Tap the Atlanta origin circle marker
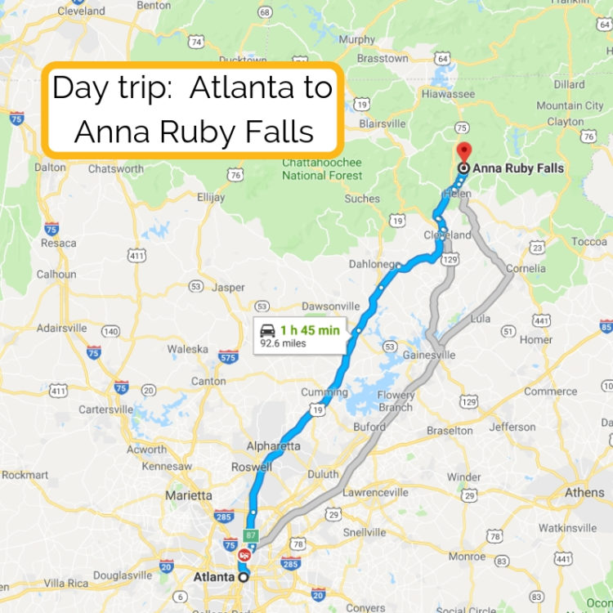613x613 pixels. (x=243, y=577)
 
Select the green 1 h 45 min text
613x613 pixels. (x=310, y=330)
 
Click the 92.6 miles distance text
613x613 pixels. (x=283, y=343)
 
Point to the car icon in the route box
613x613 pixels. (x=267, y=330)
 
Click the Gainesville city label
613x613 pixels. (x=428, y=355)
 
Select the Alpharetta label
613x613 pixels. (x=274, y=446)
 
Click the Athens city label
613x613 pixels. (x=584, y=493)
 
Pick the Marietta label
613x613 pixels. (x=189, y=495)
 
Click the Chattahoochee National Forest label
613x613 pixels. (x=321, y=169)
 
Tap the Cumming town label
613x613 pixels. (x=324, y=392)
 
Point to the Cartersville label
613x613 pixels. (x=105, y=409)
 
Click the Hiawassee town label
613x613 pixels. (x=448, y=94)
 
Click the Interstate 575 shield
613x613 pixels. (x=229, y=356)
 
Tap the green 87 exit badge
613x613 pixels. (x=251, y=535)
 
